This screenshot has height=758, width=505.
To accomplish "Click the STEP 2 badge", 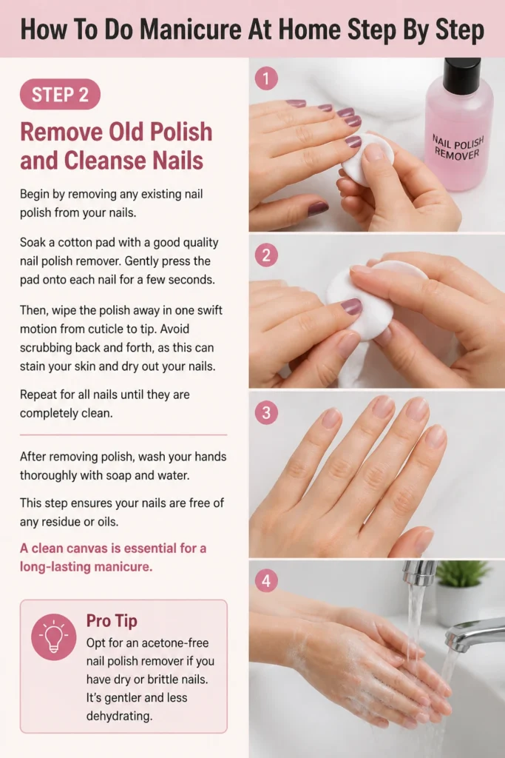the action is pos(60,94).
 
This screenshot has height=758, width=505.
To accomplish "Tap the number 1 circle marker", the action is pos(266,78).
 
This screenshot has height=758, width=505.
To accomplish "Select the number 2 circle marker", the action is pos(266,255).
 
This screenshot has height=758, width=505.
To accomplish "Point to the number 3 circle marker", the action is pos(266,413).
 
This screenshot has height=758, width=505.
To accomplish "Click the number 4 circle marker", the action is pos(266,580).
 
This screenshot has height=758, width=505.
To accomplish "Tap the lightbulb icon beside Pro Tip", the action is pos(53,637).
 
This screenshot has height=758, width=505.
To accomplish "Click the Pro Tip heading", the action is pos(112,621).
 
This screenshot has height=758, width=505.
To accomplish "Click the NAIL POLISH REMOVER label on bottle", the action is pos(457,147).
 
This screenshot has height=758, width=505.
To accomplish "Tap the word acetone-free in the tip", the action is pos(174,643).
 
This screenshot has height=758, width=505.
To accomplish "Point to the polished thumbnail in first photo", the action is pos(318,208).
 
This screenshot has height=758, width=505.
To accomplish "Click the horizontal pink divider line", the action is pos(123,435).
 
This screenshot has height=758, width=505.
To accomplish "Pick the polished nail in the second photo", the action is pos(351,306).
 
